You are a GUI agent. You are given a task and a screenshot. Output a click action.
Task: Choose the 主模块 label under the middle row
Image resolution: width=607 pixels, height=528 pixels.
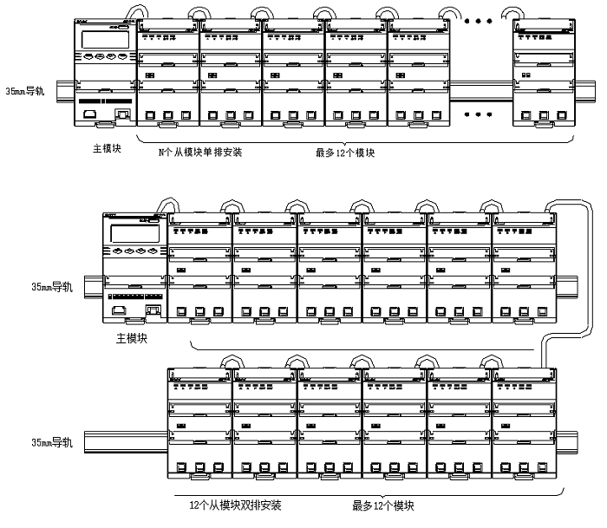(131, 339)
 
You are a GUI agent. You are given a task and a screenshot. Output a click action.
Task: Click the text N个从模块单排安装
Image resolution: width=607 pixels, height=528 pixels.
(199, 153)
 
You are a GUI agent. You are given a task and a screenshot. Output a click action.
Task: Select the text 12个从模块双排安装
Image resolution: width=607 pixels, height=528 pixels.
(234, 505)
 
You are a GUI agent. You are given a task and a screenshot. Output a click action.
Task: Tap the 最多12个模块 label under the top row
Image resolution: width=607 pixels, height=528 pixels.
(344, 153)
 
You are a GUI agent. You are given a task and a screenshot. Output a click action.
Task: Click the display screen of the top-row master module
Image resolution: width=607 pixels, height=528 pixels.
(99, 39)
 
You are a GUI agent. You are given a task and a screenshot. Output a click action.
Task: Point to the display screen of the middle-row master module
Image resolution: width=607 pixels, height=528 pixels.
(132, 230)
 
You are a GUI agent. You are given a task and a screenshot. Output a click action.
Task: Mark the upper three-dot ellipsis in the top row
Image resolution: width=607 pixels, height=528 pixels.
(478, 19)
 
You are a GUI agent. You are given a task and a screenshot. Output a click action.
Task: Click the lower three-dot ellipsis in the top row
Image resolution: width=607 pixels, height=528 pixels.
(478, 113)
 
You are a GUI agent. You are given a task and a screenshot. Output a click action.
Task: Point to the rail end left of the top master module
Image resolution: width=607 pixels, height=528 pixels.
(63, 89)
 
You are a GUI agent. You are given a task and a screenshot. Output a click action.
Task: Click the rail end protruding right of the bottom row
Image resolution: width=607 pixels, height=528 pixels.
(566, 439)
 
